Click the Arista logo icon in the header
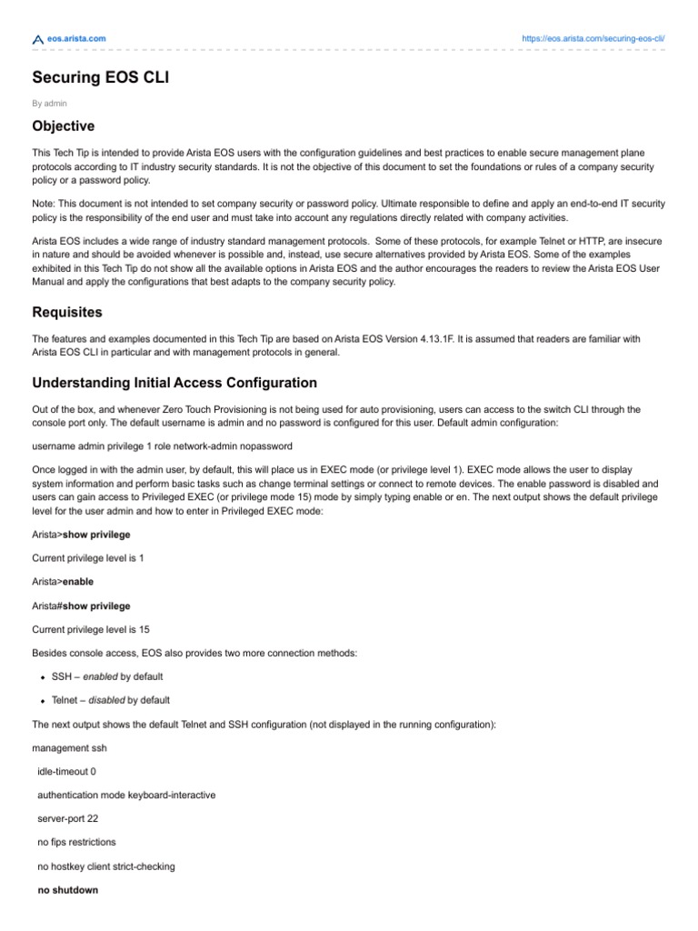37,39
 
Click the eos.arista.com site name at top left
76,38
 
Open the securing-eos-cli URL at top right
594,38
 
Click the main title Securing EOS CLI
100,78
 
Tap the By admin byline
49,103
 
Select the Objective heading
63,125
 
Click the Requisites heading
67,312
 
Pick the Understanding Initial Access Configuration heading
174,383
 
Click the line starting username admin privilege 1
162,445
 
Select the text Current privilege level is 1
87,558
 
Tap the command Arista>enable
62,582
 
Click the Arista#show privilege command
81,606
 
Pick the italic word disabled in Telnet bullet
106,700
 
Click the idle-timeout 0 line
66,771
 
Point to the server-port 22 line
67,818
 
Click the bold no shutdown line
68,890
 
